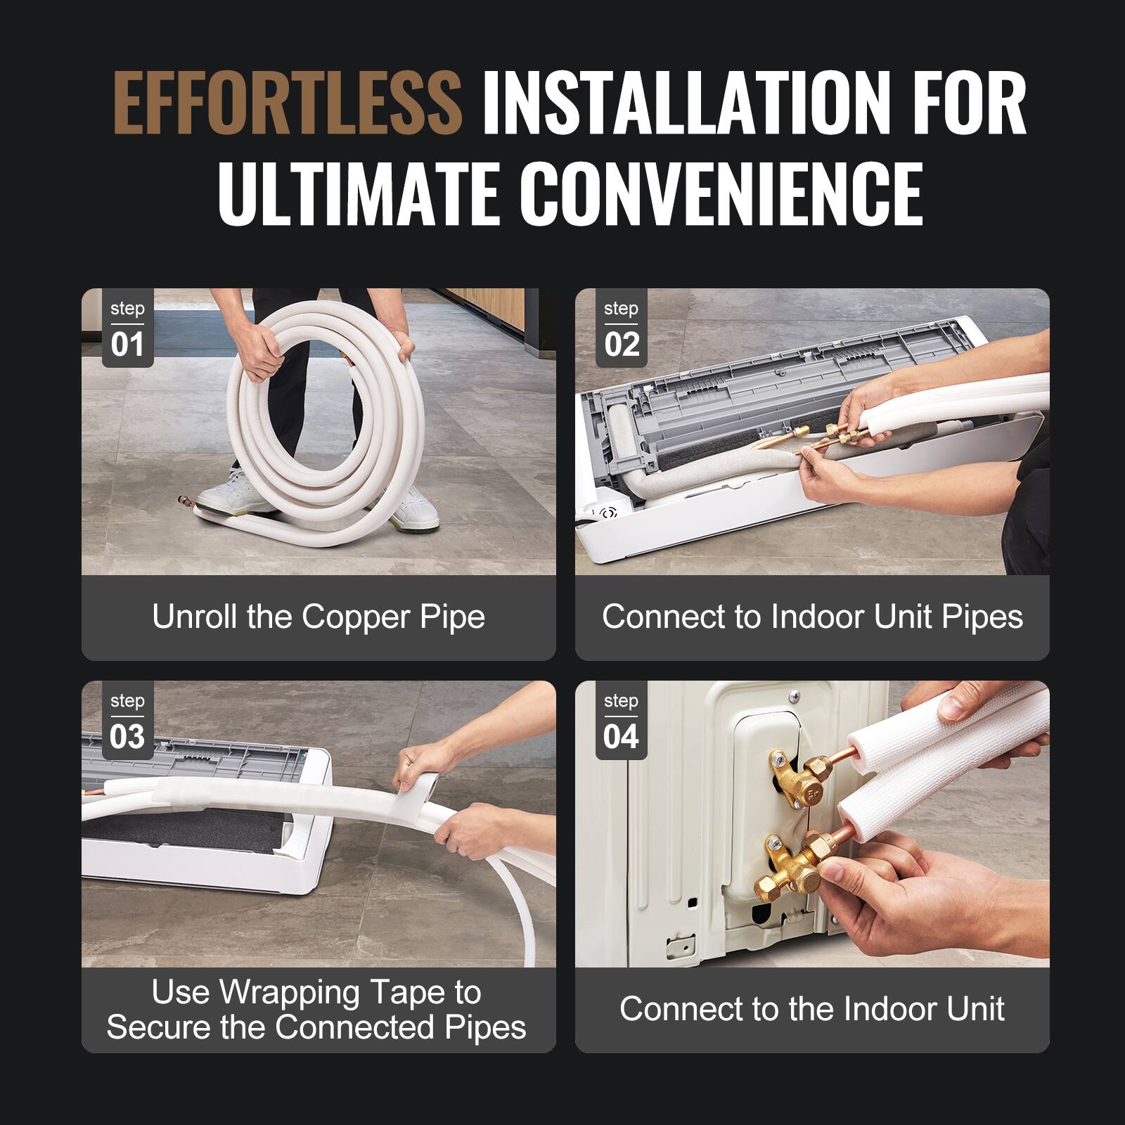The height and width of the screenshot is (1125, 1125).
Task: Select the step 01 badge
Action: (x=127, y=329)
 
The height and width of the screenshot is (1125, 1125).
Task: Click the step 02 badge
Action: (x=621, y=329)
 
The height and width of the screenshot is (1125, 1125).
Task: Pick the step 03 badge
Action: (x=127, y=721)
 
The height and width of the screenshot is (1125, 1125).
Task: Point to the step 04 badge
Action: (x=621, y=721)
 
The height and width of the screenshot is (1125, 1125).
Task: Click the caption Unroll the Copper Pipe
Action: (x=319, y=617)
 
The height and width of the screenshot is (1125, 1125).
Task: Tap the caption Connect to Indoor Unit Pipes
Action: (x=812, y=617)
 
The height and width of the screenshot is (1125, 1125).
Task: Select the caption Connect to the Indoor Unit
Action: (x=812, y=1009)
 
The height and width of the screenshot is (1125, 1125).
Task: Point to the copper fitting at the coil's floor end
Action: (x=184, y=501)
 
